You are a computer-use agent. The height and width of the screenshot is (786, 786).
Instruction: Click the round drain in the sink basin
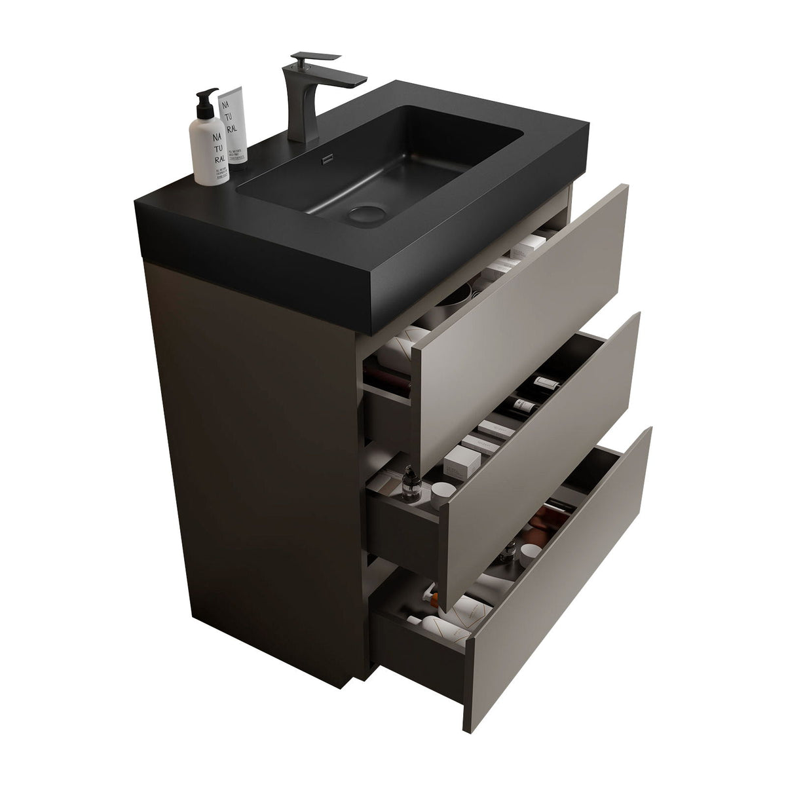pos(362,213)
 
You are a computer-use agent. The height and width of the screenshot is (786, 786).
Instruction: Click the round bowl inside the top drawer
pos(452,298)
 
